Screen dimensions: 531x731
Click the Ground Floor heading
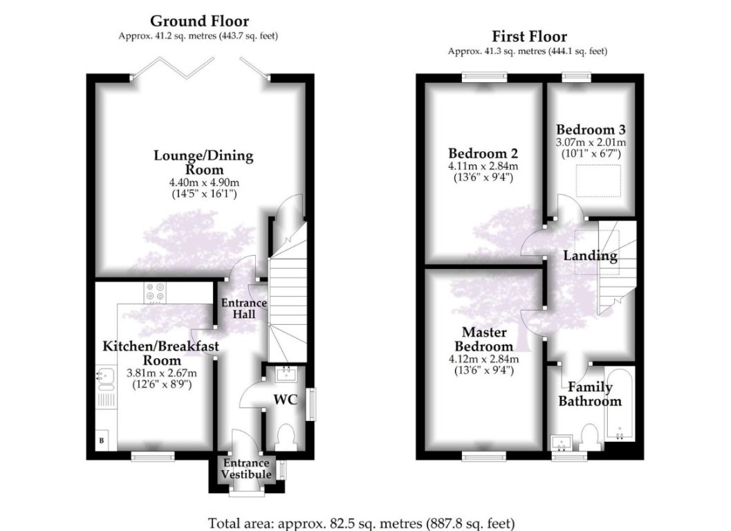(199, 21)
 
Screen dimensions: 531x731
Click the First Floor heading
(529, 37)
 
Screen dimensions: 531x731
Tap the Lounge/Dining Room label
(203, 162)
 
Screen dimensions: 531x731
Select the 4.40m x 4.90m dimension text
(203, 183)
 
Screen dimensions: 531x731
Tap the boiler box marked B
(102, 440)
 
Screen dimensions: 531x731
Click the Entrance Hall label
(243, 309)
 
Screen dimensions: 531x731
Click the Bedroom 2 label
(483, 153)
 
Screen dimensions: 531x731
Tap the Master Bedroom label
(484, 339)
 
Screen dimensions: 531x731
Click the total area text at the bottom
(362, 523)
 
